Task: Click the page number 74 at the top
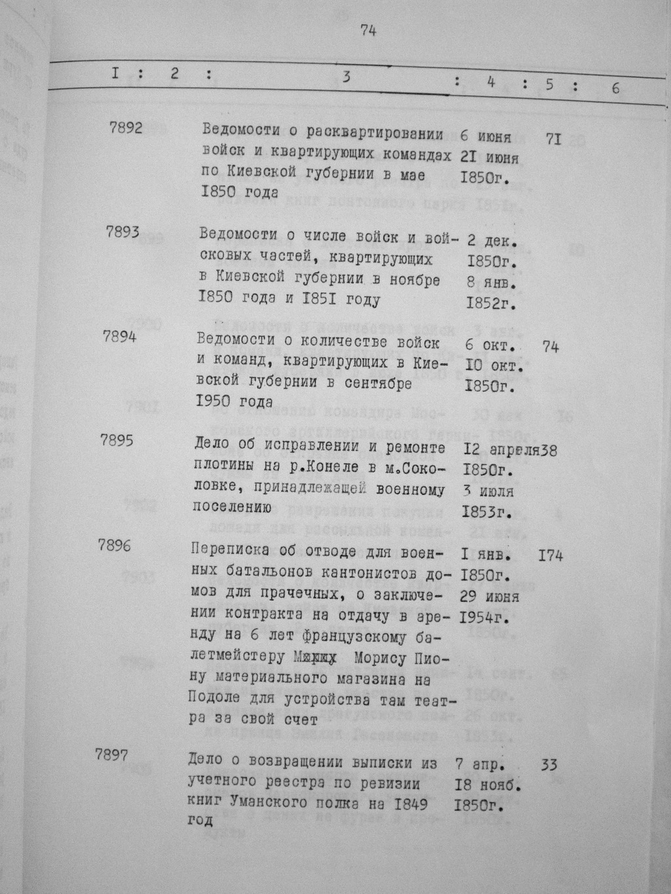[368, 31]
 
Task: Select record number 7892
[126, 128]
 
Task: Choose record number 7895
[117, 440]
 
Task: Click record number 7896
[113, 545]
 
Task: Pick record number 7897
[111, 754]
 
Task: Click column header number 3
[346, 77]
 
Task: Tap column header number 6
[615, 88]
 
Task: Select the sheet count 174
[550, 557]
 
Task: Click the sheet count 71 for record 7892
[553, 139]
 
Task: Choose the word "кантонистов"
[372, 575]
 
